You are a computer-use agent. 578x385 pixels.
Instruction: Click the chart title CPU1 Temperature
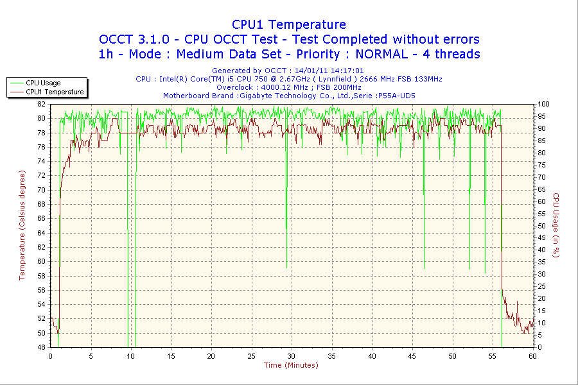click(289, 24)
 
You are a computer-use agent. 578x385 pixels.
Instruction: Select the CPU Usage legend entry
click(43, 83)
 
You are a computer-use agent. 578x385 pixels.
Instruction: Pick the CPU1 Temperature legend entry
click(55, 92)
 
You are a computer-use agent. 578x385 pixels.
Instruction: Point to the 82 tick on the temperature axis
click(41, 104)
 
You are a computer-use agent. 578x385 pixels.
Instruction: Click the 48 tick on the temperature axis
click(41, 347)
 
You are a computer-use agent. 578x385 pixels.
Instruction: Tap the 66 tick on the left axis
click(41, 218)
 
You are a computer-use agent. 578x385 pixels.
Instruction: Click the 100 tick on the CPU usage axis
click(543, 104)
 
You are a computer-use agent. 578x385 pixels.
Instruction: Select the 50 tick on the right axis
click(541, 226)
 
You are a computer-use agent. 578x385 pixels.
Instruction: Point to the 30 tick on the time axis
click(292, 356)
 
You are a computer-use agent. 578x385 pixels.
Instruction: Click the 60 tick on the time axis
click(532, 356)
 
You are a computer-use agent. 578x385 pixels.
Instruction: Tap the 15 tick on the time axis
click(171, 356)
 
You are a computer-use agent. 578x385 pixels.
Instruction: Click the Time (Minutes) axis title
click(291, 366)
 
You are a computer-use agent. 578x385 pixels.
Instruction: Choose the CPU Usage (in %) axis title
click(556, 225)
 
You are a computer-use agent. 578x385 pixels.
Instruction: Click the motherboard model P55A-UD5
click(396, 96)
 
